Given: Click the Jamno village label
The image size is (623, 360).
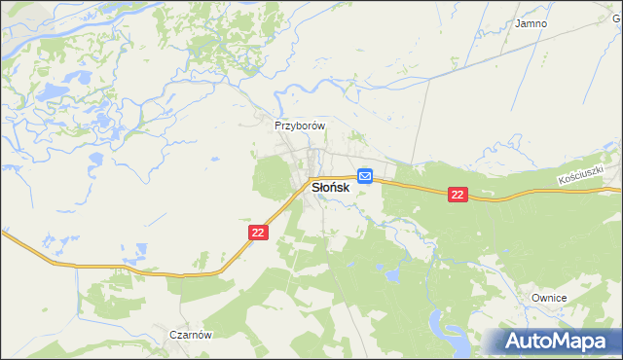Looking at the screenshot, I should click(531, 23).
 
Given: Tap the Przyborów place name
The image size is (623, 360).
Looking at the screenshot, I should click(299, 126).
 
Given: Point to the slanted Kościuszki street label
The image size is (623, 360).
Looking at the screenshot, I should click(582, 176).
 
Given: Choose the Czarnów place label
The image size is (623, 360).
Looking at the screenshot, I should click(191, 333).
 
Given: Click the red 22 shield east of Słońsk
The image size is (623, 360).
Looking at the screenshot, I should click(458, 196).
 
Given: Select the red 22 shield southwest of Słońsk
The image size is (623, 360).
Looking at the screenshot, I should click(257, 233).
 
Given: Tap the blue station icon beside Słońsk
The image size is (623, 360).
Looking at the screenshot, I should click(365, 175).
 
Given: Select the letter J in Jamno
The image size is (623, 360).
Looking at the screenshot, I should click(519, 23).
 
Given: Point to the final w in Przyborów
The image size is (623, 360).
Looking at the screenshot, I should click(318, 126).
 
